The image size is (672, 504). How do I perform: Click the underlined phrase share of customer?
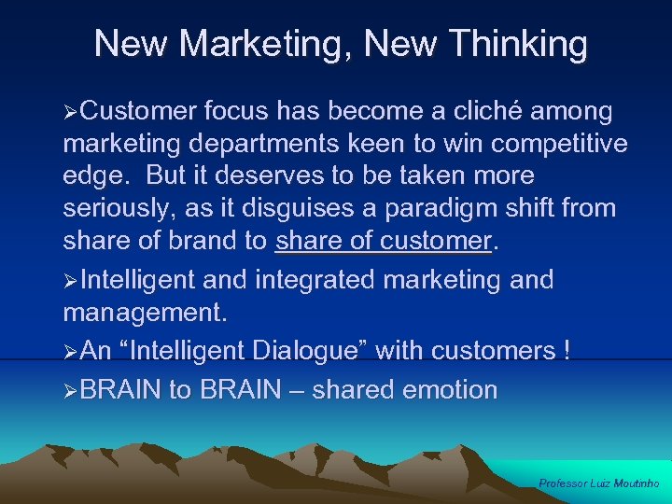click(x=383, y=241)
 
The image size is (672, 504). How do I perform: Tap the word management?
click(x=145, y=311)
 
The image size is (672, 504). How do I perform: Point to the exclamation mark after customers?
click(x=567, y=351)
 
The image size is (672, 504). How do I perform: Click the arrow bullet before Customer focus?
click(x=71, y=113)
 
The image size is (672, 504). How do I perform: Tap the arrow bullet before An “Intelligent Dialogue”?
click(x=71, y=352)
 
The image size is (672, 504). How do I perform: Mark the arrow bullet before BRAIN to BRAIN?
click(x=71, y=390)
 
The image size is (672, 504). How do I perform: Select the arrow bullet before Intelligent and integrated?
click(x=71, y=280)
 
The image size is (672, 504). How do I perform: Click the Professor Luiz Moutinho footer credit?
click(x=599, y=483)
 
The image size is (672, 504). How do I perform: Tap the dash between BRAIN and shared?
click(x=297, y=389)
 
